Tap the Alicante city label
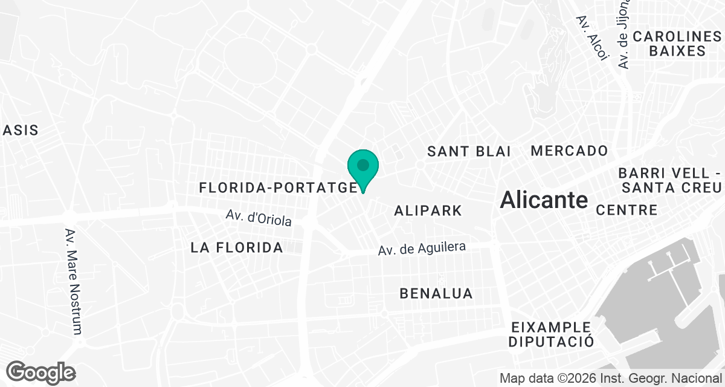click(544, 200)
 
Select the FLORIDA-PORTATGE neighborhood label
click(278, 188)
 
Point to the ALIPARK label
click(428, 211)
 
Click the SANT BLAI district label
click(469, 152)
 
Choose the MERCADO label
click(569, 151)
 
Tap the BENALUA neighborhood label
click(436, 294)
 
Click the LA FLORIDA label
click(237, 247)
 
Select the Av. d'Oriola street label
click(259, 218)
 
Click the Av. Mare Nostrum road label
click(73, 281)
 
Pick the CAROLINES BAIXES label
click(677, 44)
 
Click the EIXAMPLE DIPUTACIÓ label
click(550, 334)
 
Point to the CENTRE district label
click(627, 210)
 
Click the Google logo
click(40, 372)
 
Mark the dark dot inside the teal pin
click(362, 164)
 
